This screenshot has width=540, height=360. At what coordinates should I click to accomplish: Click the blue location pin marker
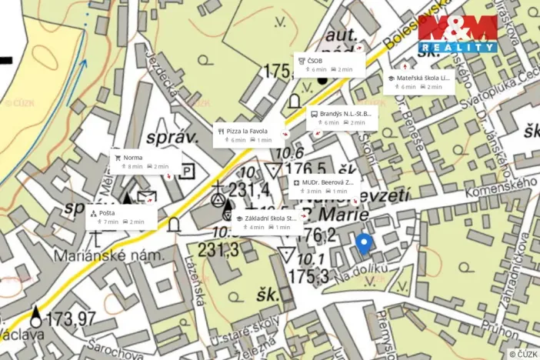click(x=365, y=244)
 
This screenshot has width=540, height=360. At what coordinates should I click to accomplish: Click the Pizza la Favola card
click(x=249, y=135)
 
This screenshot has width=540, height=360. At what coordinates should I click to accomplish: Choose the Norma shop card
click(x=145, y=161)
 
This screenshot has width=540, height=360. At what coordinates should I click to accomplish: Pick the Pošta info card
click(x=121, y=217)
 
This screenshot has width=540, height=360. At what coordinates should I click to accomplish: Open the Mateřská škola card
click(x=419, y=82)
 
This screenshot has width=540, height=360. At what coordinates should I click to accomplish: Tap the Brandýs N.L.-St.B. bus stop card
click(x=341, y=117)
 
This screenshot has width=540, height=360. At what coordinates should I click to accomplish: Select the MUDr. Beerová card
click(x=323, y=186)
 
